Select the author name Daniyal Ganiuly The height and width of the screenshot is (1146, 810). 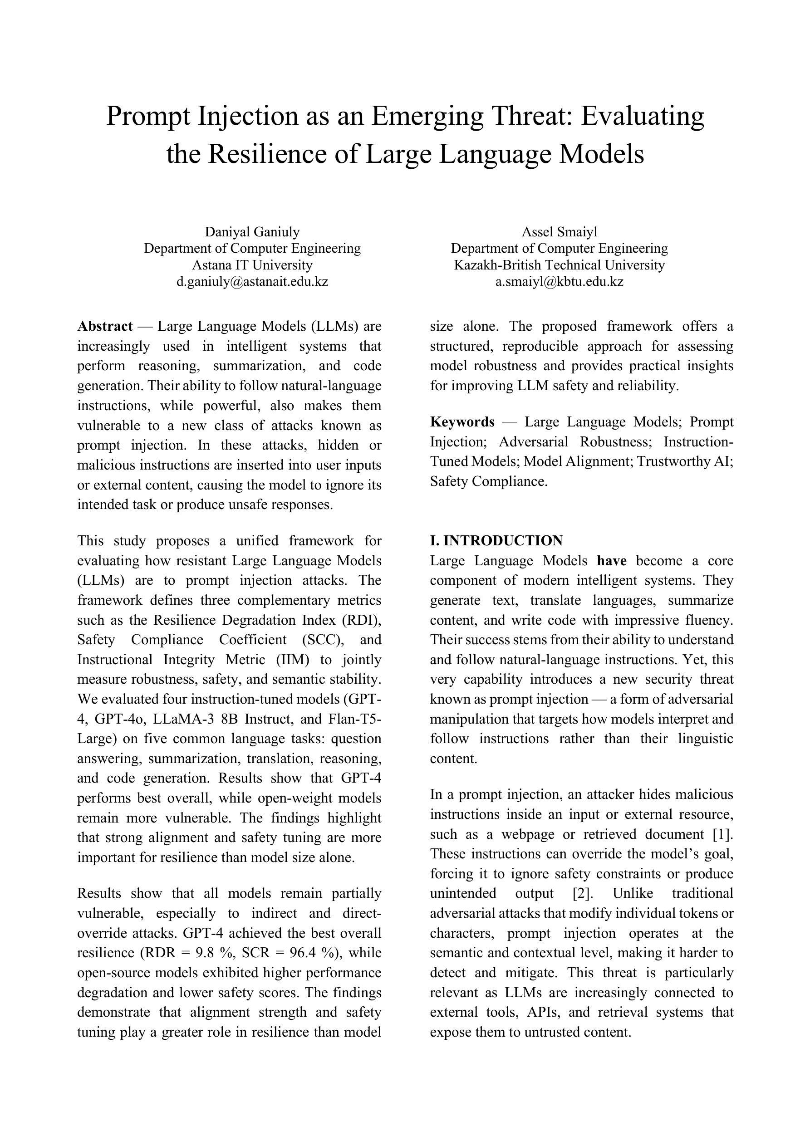pos(252,231)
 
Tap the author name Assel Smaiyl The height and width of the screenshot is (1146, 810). pos(560,231)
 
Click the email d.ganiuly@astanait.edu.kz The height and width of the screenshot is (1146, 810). pos(252,281)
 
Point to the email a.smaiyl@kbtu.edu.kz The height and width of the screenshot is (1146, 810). pos(560,281)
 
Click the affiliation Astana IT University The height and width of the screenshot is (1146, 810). pos(252,265)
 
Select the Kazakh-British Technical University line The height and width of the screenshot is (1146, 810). pos(560,265)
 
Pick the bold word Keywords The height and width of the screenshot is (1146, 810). pos(462,422)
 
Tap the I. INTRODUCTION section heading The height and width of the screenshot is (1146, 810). pos(496,540)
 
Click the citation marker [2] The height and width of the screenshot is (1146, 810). pos(581,893)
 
